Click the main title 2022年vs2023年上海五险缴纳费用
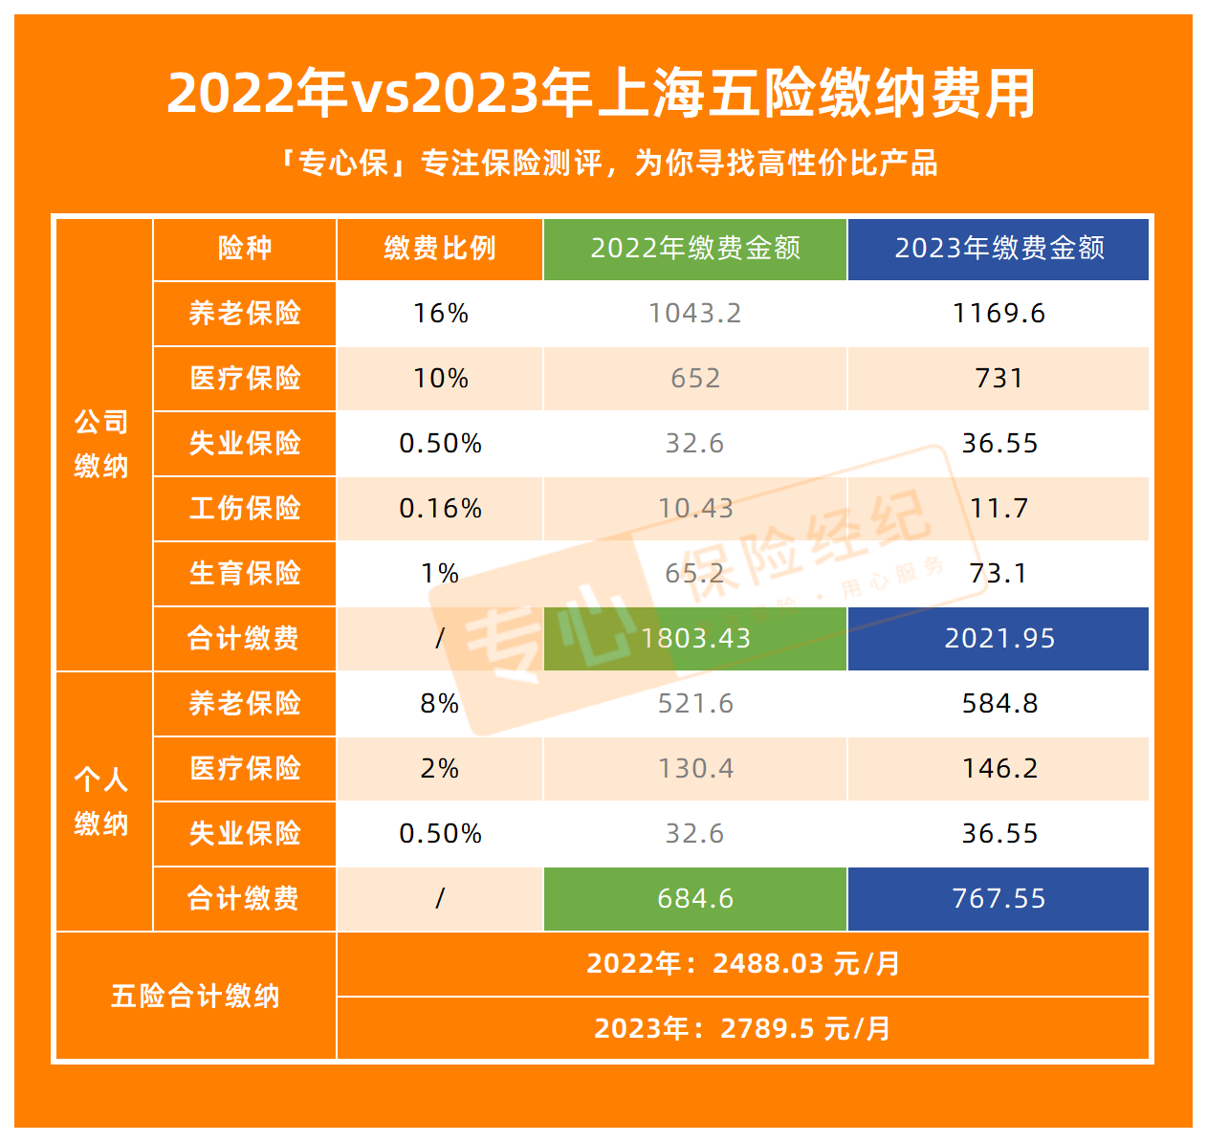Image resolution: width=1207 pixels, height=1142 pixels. pos(603,94)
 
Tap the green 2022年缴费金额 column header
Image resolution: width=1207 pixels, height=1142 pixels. pos(695,249)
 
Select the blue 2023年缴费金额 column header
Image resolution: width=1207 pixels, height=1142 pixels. pos(999,249)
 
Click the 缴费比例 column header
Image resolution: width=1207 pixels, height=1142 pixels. pos(440,249)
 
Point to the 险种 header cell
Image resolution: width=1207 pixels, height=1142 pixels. pos(245,249)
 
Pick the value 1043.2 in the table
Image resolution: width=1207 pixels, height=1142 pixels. pos(695,314)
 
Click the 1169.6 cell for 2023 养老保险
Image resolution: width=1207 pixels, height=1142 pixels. pos(999,314)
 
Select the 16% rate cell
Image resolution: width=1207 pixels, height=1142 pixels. pos(440,314)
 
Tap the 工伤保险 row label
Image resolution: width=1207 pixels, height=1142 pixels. pos(245,508)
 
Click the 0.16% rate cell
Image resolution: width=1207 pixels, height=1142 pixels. pos(440,508)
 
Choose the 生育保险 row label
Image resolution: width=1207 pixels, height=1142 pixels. pos(245,573)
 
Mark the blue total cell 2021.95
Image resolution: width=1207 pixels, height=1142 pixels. pos(999,638)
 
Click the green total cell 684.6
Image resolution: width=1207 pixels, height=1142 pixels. pos(695,898)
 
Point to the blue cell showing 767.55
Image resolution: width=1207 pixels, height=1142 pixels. pos(999,898)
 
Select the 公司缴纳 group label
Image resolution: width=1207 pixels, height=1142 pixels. pos(101,444)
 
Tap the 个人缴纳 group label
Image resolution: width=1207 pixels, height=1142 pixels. pos(101,802)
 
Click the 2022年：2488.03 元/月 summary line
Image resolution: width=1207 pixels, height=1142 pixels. pos(743,963)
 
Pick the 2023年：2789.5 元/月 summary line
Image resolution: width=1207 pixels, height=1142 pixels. pos(743,1028)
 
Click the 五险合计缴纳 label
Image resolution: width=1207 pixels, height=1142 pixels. pos(195,996)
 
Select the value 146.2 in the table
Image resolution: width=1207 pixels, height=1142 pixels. pos(999,768)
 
